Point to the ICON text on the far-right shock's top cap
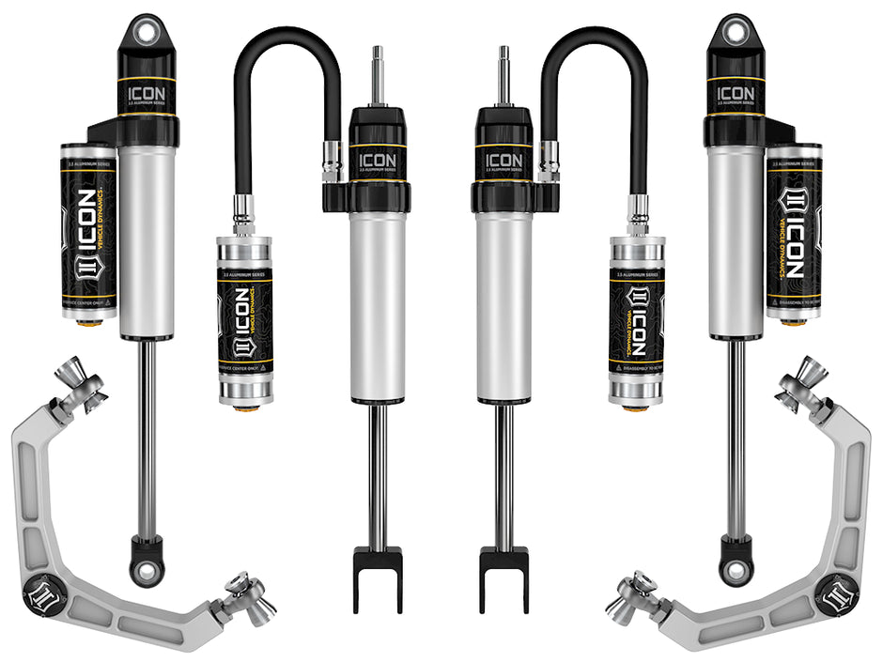(x=735, y=95)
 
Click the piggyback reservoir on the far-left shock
(x=88, y=230)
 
